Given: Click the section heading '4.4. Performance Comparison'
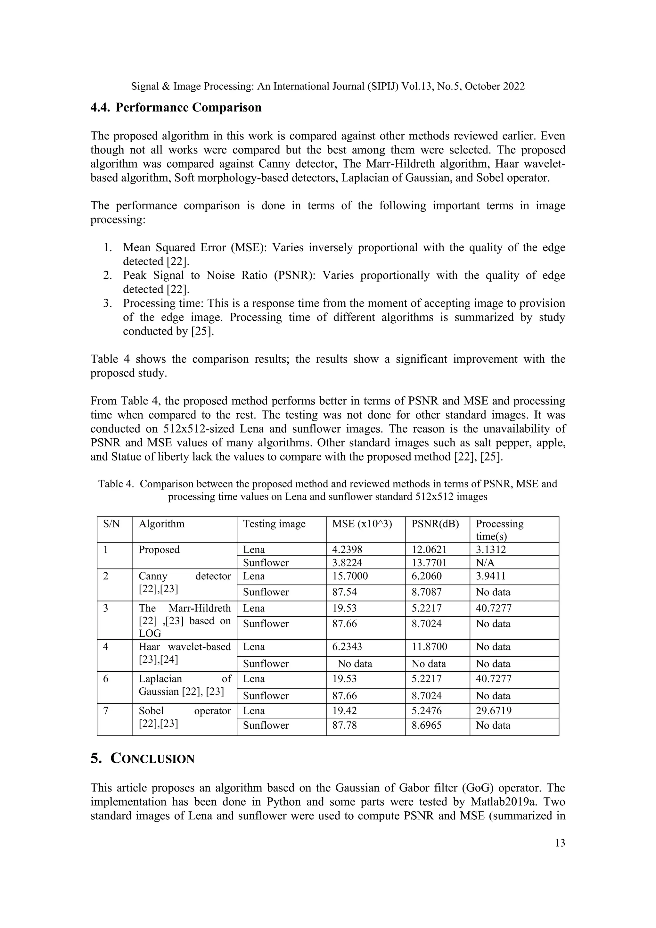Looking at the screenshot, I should pos(176,108).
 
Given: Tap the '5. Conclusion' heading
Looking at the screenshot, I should pos(142,759).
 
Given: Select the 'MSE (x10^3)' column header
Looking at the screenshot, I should pos(362,524).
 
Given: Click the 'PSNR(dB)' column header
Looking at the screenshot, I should pos(435,524).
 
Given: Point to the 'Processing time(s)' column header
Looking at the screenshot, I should pos(499,529).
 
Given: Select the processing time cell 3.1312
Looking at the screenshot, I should pos(491,550).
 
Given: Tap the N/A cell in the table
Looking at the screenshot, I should pos(485,563).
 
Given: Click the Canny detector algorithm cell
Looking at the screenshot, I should pos(184,583).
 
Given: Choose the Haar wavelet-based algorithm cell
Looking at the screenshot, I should pos(184,653).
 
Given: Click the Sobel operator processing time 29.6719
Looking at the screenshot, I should pos(494,710).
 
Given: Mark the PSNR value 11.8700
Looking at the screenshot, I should pos(429,647).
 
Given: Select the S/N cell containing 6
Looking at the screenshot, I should pos(106,679).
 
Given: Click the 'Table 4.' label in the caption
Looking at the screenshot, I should pos(116,484).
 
